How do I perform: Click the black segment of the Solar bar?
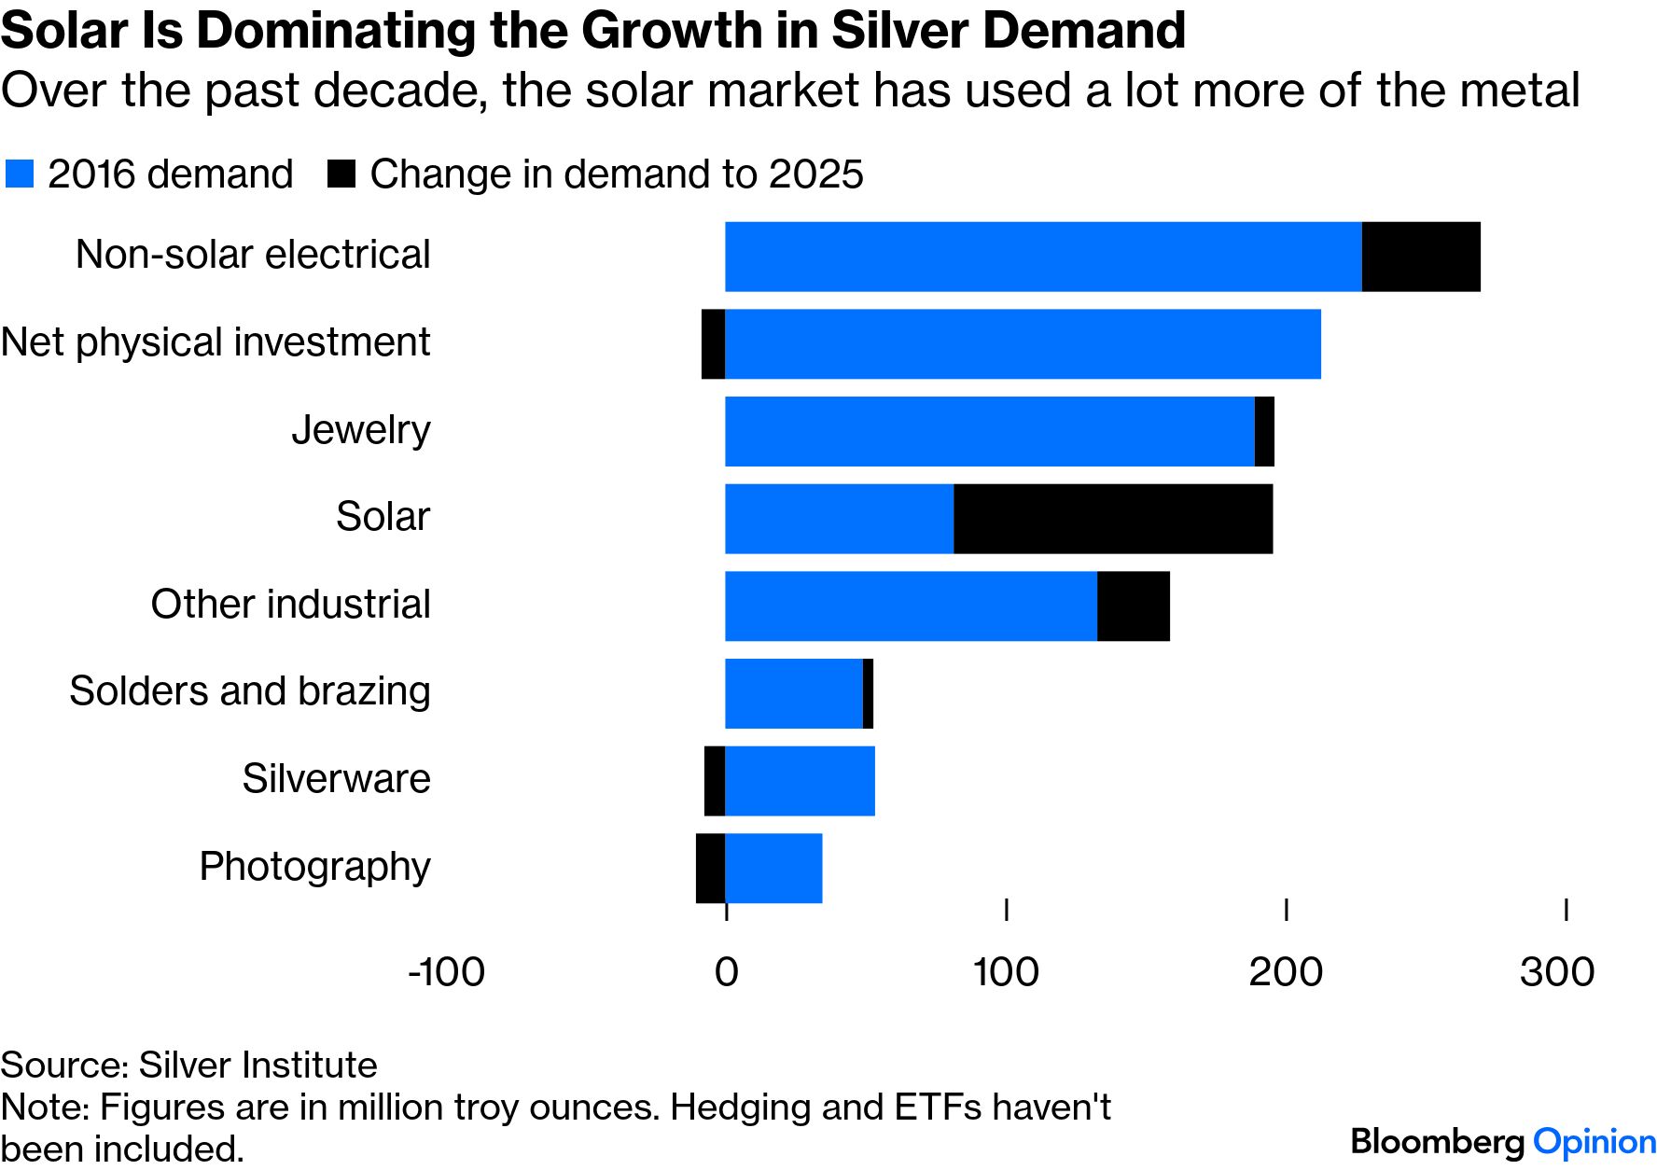pyautogui.click(x=1113, y=519)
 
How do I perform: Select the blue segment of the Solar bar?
pyautogui.click(x=839, y=519)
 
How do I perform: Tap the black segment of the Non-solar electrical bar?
pyautogui.click(x=1421, y=257)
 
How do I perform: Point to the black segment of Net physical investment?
pyautogui.click(x=714, y=344)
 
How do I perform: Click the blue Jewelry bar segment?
pyautogui.click(x=989, y=431)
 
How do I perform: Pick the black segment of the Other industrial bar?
pyautogui.click(x=1134, y=606)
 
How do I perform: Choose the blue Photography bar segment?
pyautogui.click(x=773, y=869)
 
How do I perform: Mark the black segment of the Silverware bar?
pyautogui.click(x=715, y=781)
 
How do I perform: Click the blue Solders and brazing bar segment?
pyautogui.click(x=794, y=693)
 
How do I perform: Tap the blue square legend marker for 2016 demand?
pyautogui.click(x=20, y=174)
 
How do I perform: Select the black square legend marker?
pyautogui.click(x=341, y=174)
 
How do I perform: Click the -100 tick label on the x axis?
pyautogui.click(x=446, y=972)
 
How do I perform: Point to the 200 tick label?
pyautogui.click(x=1286, y=972)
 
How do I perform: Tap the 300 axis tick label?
pyautogui.click(x=1556, y=972)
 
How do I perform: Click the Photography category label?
pyautogui.click(x=314, y=867)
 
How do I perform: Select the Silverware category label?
pyautogui.click(x=336, y=779)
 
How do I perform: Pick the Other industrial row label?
pyautogui.click(x=290, y=605)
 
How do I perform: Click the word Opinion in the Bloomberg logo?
pyautogui.click(x=1594, y=1142)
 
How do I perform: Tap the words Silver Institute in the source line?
pyautogui.click(x=258, y=1065)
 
